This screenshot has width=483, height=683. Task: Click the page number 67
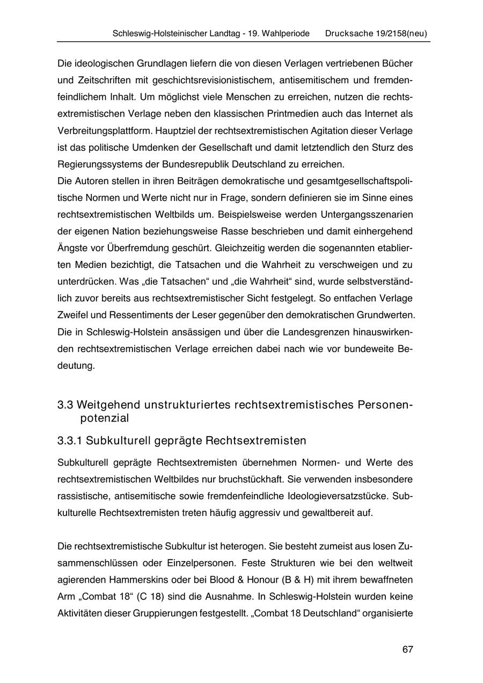pos(407,649)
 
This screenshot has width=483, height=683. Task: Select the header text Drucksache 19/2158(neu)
pos(376,33)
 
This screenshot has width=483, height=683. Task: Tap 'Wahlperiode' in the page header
pos(285,33)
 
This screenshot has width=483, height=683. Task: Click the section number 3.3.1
pos(69,441)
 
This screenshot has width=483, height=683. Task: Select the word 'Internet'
pos(379,114)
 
